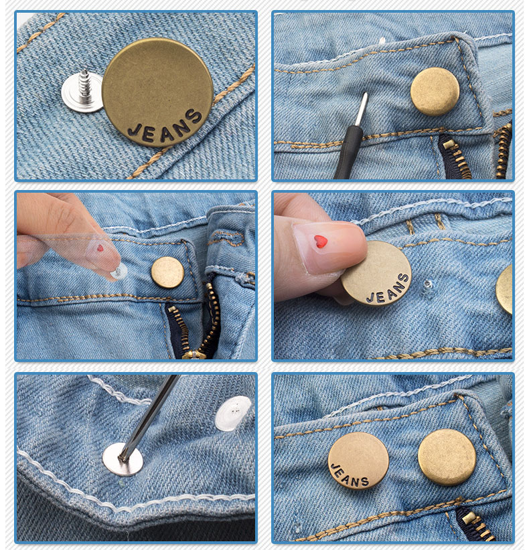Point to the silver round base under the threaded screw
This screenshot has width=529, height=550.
click(x=80, y=94)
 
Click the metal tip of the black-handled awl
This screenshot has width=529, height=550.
click(x=362, y=107)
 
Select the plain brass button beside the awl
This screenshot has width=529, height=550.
click(x=435, y=92)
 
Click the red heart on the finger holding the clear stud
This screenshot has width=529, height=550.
click(x=100, y=248)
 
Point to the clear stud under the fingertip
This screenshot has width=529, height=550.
click(x=119, y=271)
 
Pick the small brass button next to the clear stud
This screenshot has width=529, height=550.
click(x=167, y=272)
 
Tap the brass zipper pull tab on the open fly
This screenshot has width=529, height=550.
click(x=192, y=353)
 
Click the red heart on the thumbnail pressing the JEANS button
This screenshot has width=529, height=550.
click(x=321, y=242)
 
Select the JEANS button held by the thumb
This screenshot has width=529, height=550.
click(x=376, y=274)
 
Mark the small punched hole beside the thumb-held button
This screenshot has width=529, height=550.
click(x=428, y=286)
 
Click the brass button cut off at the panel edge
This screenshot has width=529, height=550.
click(x=506, y=288)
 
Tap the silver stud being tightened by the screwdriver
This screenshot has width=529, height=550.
click(x=123, y=459)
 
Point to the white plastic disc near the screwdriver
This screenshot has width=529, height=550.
click(x=233, y=413)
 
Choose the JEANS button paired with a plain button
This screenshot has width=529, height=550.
click(x=358, y=461)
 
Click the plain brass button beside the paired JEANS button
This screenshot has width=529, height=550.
click(x=447, y=457)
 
